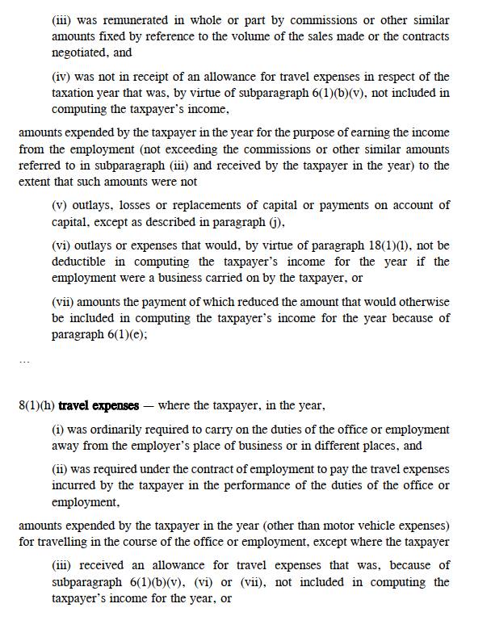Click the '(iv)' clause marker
[x=61, y=77]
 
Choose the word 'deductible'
[x=83, y=262]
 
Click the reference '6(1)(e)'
[x=126, y=334]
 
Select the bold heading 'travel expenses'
[x=99, y=405]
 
